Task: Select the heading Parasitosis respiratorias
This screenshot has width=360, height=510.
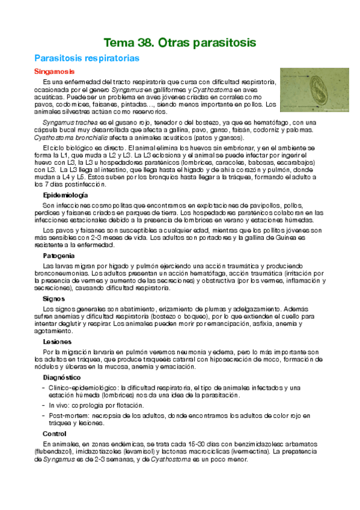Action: click(87, 59)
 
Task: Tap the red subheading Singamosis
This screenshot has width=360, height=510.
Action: click(54, 72)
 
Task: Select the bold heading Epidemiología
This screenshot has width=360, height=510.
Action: click(66, 195)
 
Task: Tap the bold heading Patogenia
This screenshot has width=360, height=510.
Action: click(59, 255)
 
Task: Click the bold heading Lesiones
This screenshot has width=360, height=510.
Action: click(57, 342)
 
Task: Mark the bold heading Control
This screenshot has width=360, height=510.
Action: click(55, 433)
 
